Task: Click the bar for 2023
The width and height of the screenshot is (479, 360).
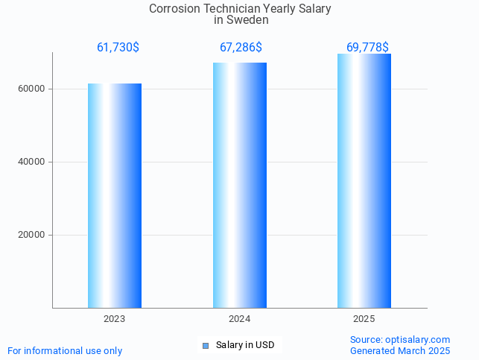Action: (115, 195)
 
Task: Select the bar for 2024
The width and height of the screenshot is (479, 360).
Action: (240, 185)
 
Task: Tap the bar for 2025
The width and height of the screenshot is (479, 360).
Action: (364, 180)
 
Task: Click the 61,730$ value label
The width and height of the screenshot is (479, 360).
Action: (118, 48)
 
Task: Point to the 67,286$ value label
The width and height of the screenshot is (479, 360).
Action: (241, 48)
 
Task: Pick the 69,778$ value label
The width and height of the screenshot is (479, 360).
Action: (367, 48)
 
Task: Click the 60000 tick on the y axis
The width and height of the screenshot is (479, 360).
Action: (32, 89)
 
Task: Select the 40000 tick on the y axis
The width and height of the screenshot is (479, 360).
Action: (32, 162)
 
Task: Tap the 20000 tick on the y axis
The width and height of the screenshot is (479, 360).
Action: (32, 235)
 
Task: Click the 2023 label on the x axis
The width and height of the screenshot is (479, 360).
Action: (115, 319)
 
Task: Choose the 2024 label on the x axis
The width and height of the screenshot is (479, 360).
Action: (240, 319)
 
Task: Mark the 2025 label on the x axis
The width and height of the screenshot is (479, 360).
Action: (364, 319)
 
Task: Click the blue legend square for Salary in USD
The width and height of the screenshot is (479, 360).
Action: (206, 345)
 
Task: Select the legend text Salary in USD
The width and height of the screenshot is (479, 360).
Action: (245, 345)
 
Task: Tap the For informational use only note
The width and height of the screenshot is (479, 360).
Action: (65, 350)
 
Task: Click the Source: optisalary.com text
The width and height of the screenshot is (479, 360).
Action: (400, 339)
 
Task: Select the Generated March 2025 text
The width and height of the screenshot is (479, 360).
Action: (400, 350)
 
